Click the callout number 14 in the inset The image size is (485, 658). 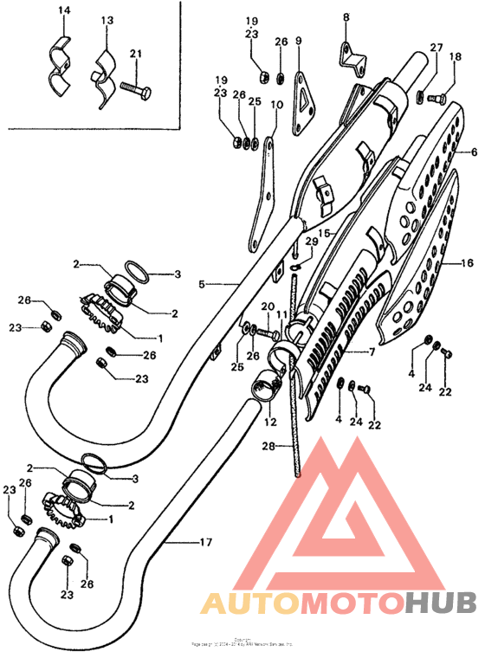[x=62, y=10]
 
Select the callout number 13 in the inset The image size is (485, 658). [x=107, y=20]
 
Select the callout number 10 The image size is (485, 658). [x=277, y=105]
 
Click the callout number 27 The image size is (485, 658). [x=436, y=48]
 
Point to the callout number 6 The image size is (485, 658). [x=474, y=152]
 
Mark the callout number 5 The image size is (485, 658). [x=201, y=283]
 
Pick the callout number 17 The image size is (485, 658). [x=205, y=543]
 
